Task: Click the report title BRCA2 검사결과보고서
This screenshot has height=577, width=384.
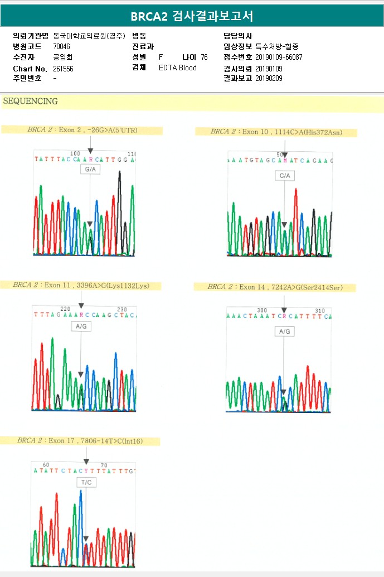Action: [x=192, y=16]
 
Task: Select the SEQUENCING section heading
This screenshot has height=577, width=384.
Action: [x=31, y=102]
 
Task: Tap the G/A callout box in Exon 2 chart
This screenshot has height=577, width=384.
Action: [x=90, y=169]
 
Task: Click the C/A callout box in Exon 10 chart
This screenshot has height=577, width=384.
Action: [x=285, y=176]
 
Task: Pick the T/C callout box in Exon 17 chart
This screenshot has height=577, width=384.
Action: [x=86, y=482]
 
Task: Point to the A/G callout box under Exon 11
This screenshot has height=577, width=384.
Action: [x=81, y=327]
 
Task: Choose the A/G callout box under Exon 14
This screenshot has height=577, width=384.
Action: [x=284, y=331]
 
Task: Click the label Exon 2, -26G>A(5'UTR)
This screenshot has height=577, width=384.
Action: [x=82, y=130]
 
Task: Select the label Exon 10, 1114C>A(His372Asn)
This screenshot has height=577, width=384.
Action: [x=276, y=132]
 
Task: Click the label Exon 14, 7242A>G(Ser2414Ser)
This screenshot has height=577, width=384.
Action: [x=275, y=287]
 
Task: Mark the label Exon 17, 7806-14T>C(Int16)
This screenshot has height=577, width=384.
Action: [x=80, y=441]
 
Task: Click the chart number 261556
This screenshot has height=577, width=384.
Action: [x=63, y=69]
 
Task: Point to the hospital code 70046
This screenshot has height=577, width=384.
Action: [x=61, y=46]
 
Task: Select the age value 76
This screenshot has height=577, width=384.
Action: [x=204, y=57]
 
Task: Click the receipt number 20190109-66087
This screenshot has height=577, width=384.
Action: [x=279, y=57]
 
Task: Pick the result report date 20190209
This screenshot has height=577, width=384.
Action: [x=269, y=78]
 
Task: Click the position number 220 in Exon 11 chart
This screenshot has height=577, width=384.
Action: [x=66, y=309]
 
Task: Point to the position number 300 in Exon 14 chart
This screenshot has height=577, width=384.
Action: [x=262, y=310]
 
